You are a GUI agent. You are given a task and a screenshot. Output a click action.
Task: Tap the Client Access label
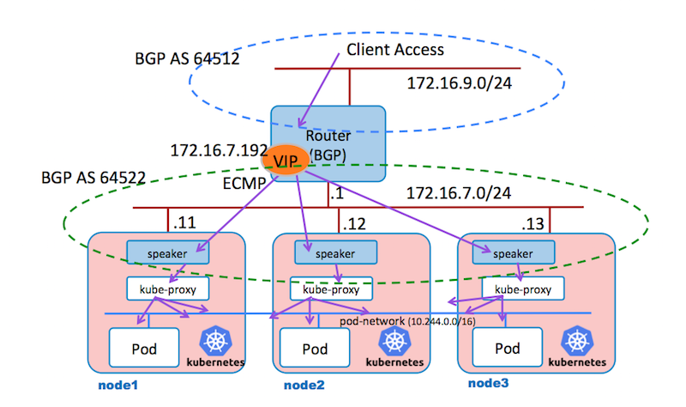click(x=395, y=49)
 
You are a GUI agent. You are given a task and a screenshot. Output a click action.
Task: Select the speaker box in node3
click(x=512, y=253)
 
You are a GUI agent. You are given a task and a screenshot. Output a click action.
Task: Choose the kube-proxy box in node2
click(x=329, y=288)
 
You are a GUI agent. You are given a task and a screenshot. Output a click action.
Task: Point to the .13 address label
click(x=533, y=225)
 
